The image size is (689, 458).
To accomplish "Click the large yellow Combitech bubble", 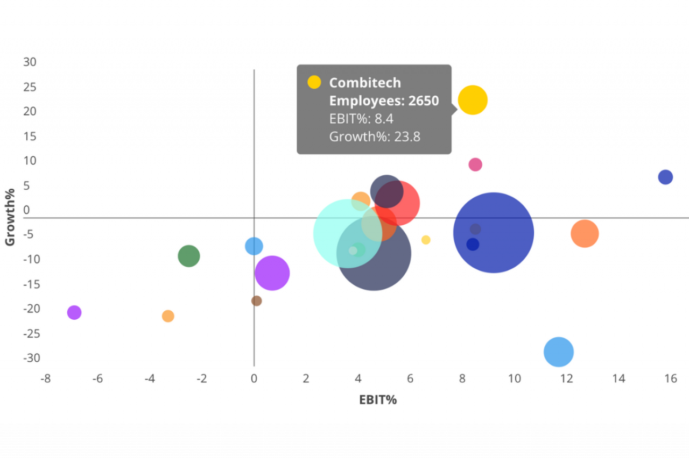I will tap(473, 100).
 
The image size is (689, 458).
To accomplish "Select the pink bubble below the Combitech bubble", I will tap(475, 164).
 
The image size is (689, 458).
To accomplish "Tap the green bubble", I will tap(188, 256).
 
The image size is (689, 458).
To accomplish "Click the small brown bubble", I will tap(257, 301).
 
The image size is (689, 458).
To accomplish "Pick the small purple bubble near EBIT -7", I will tap(74, 312).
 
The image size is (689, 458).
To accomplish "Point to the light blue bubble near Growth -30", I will tap(558, 352).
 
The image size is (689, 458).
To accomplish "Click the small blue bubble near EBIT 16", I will tap(665, 177).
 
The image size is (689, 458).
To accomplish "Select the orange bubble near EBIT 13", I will tap(585, 233).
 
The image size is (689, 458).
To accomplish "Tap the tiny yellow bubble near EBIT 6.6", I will tap(426, 240).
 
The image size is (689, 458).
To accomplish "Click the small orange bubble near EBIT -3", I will tap(168, 316).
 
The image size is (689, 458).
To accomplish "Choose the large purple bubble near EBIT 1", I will tap(272, 273).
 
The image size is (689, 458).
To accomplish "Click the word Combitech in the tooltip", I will tap(365, 83).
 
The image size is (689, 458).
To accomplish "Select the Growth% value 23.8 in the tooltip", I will tap(407, 137).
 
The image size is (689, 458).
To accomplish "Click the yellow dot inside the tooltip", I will tap(314, 82).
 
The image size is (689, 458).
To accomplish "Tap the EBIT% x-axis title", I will tap(378, 400).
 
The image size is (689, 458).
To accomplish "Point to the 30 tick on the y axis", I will tap(30, 62).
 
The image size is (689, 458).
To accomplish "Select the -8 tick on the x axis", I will tap(46, 378).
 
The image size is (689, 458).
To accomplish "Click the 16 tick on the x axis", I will tap(670, 378).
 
